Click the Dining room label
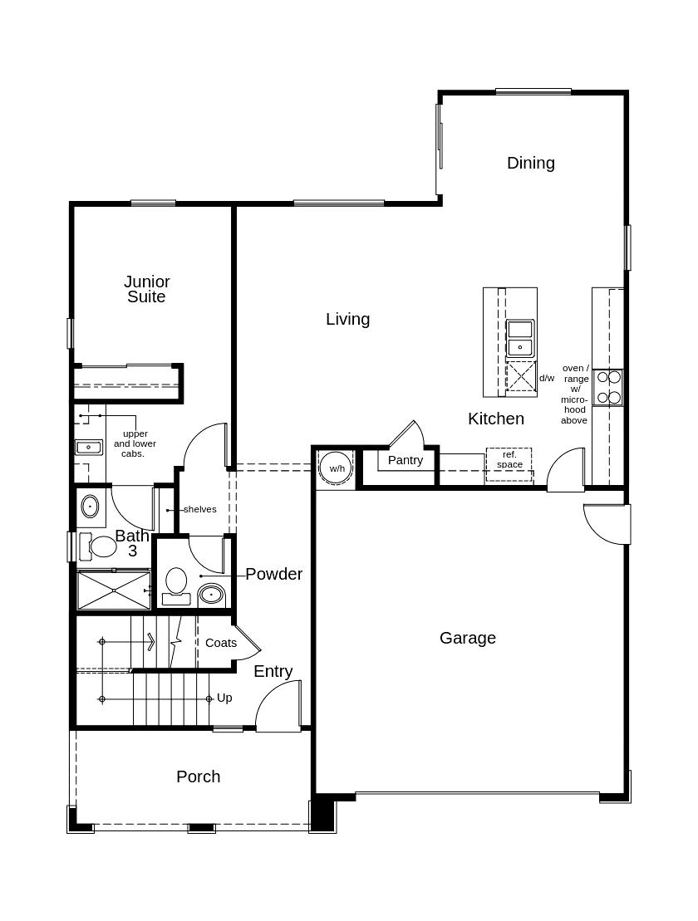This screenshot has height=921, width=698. coord(530,163)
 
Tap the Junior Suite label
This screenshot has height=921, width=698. coord(147,289)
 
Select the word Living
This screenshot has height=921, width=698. coord(347,319)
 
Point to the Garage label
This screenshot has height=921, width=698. coord(467,638)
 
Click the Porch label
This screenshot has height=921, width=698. coord(198,776)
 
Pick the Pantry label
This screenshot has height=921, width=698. coord(406,460)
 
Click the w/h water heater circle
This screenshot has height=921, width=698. coord(337,468)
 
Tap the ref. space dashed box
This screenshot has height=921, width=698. coord(509,463)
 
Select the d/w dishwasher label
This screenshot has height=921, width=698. coord(546,378)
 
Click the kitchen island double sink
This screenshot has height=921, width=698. coord(520,338)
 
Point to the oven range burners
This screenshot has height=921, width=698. coord(608,387)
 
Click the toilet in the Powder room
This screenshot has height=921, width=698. coord(175,581)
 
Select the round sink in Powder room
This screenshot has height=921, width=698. coord(211,594)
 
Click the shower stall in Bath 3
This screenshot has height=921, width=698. coord(114,590)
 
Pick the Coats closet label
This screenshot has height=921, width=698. coord(220,643)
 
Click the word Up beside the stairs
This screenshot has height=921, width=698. coord(224,698)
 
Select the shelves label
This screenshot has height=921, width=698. coord(199,509)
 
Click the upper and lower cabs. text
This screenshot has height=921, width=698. coord(135,443)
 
